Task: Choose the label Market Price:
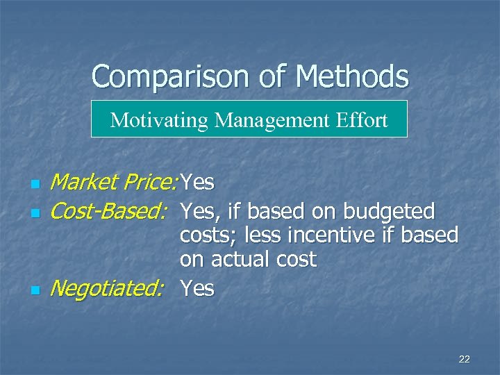coord(115,183)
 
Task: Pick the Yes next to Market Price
coord(197,183)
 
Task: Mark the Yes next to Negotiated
coord(197,287)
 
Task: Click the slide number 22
coord(465,359)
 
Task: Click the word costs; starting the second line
coord(206,236)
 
